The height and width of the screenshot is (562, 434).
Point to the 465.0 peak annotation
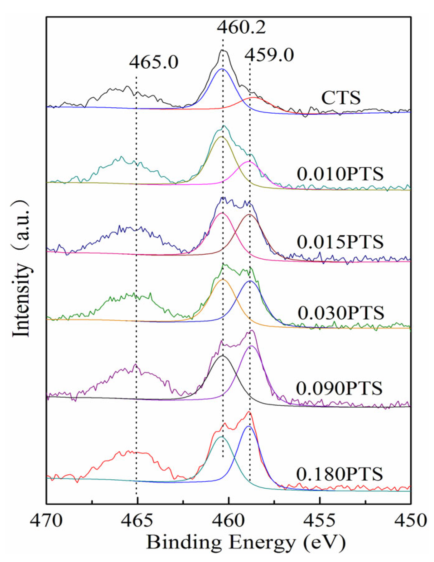(x=154, y=62)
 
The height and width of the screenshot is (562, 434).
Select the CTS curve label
(x=341, y=97)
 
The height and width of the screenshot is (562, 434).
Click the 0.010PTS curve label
(x=340, y=174)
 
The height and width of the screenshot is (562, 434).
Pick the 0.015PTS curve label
(x=340, y=242)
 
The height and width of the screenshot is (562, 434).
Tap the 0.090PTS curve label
(x=339, y=389)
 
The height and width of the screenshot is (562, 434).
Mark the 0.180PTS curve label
(x=339, y=474)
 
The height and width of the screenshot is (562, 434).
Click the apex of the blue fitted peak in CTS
(x=222, y=69)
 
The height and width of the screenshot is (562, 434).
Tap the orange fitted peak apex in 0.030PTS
(x=223, y=280)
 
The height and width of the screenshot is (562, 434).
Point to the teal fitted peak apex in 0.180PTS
(x=221, y=437)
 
